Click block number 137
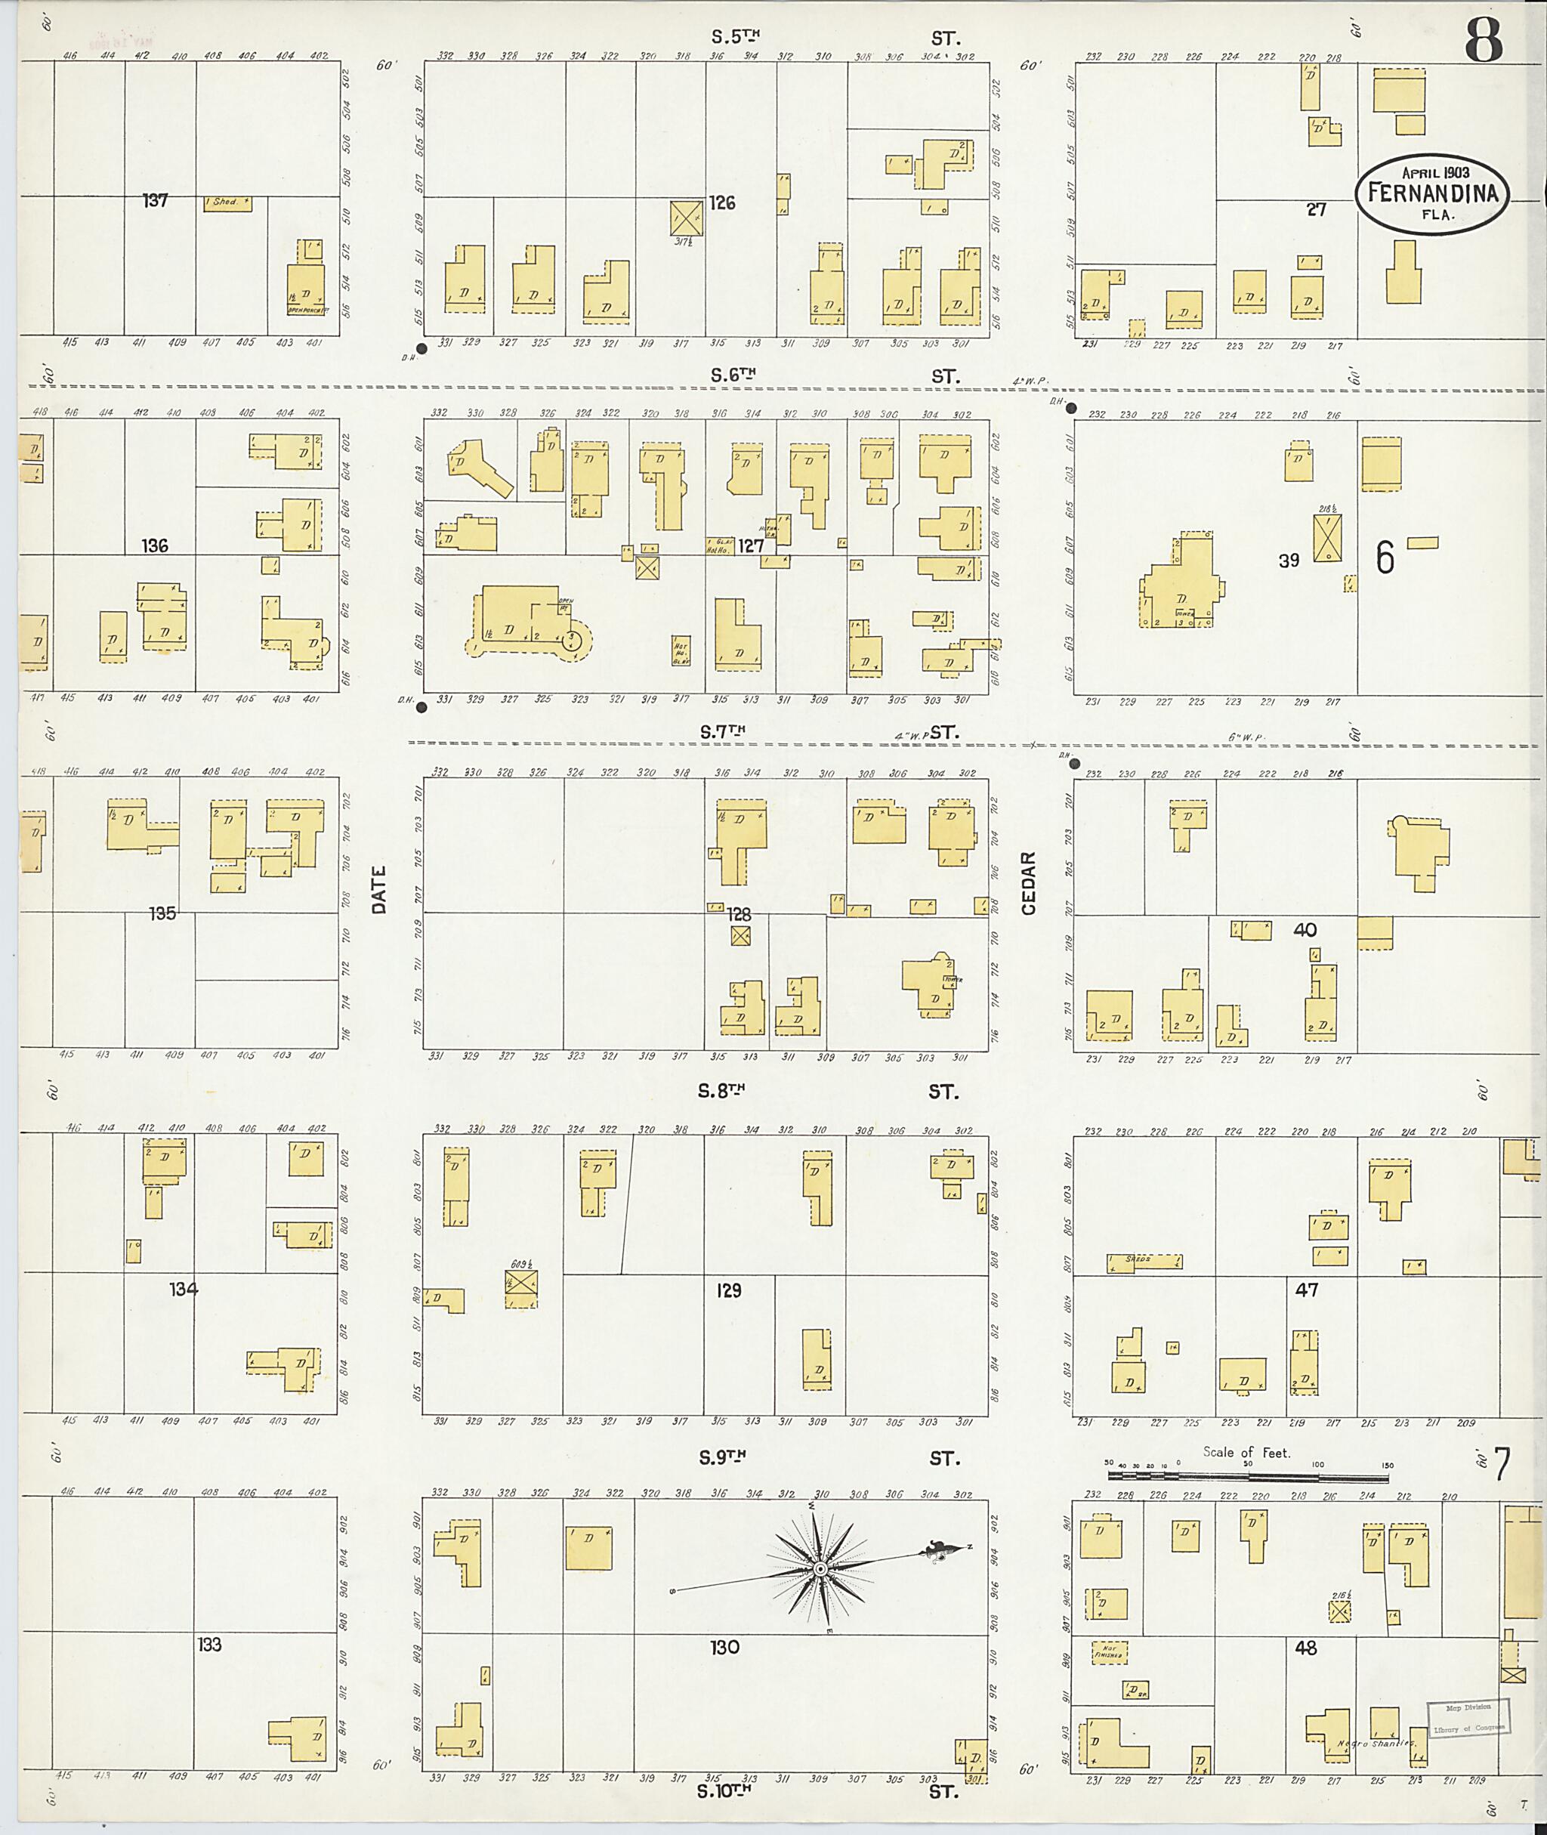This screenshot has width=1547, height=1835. (x=155, y=201)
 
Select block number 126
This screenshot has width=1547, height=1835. (x=722, y=203)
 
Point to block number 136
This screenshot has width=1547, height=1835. (x=155, y=545)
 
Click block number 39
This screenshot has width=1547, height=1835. (x=1289, y=561)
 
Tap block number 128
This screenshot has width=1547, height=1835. (x=740, y=914)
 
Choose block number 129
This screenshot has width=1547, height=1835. (x=729, y=1290)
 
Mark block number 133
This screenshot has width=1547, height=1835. (x=208, y=1645)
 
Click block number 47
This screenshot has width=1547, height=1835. (x=1307, y=1290)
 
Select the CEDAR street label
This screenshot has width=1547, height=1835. (x=1029, y=882)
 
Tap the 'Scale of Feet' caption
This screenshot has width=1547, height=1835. (x=1246, y=1452)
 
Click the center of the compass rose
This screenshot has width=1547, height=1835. (x=820, y=1568)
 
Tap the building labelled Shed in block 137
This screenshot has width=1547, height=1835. (x=227, y=202)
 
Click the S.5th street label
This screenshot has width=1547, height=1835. (x=735, y=37)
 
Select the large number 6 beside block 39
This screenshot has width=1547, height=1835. (x=1385, y=557)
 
